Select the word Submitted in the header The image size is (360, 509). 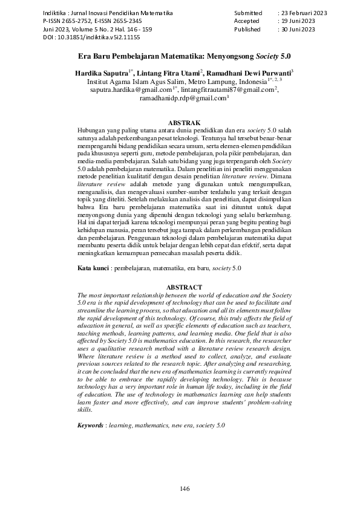248,12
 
